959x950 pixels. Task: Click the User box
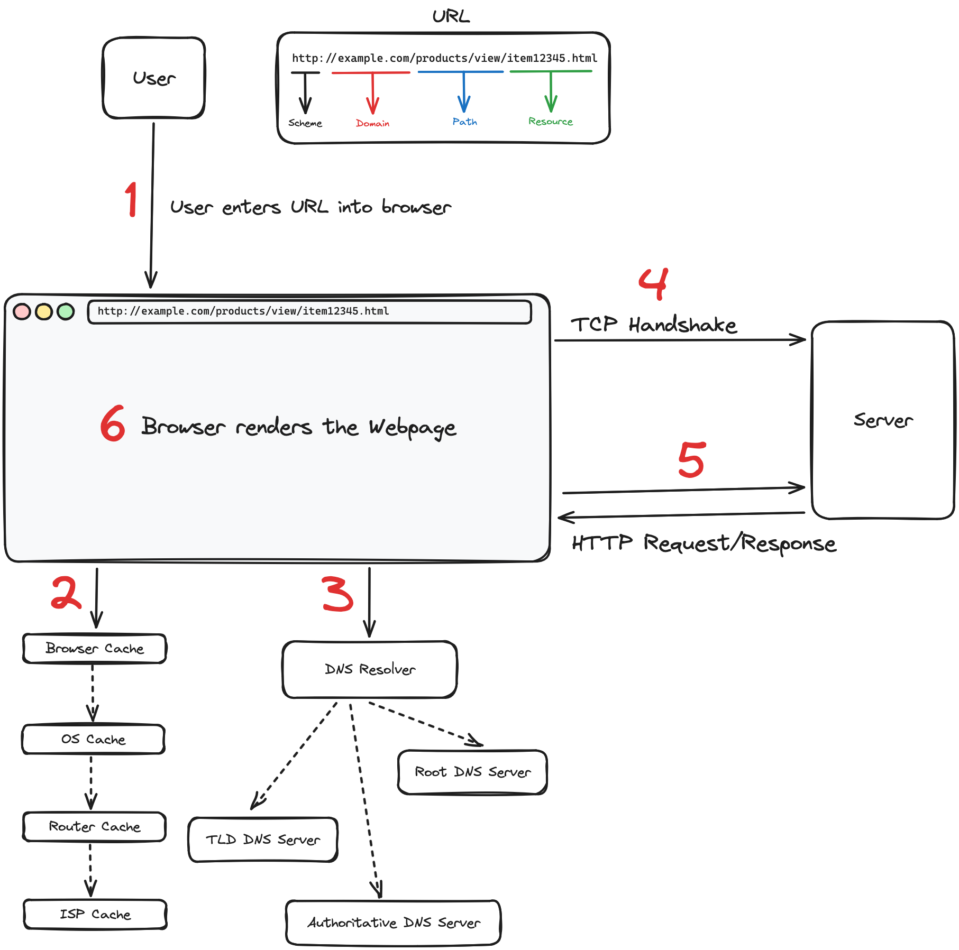(153, 78)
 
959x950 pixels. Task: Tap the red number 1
(131, 199)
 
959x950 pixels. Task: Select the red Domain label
(372, 123)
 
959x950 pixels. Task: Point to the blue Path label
(464, 122)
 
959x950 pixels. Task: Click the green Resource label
(550, 122)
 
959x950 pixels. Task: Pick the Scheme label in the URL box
(305, 123)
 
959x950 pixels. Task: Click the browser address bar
(309, 311)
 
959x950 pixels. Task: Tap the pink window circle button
(22, 311)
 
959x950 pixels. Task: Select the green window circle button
(66, 311)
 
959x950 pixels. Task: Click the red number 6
(113, 424)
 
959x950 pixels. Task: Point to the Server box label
(883, 420)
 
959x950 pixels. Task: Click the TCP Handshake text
(653, 325)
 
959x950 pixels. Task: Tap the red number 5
(691, 459)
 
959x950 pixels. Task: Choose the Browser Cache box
(95, 649)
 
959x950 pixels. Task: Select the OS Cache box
(93, 739)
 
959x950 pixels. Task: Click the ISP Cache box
(95, 914)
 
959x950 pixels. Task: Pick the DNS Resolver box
(369, 669)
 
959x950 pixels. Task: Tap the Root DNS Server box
(472, 772)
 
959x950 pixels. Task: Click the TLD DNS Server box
(263, 840)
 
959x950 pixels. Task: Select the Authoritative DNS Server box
(394, 923)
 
